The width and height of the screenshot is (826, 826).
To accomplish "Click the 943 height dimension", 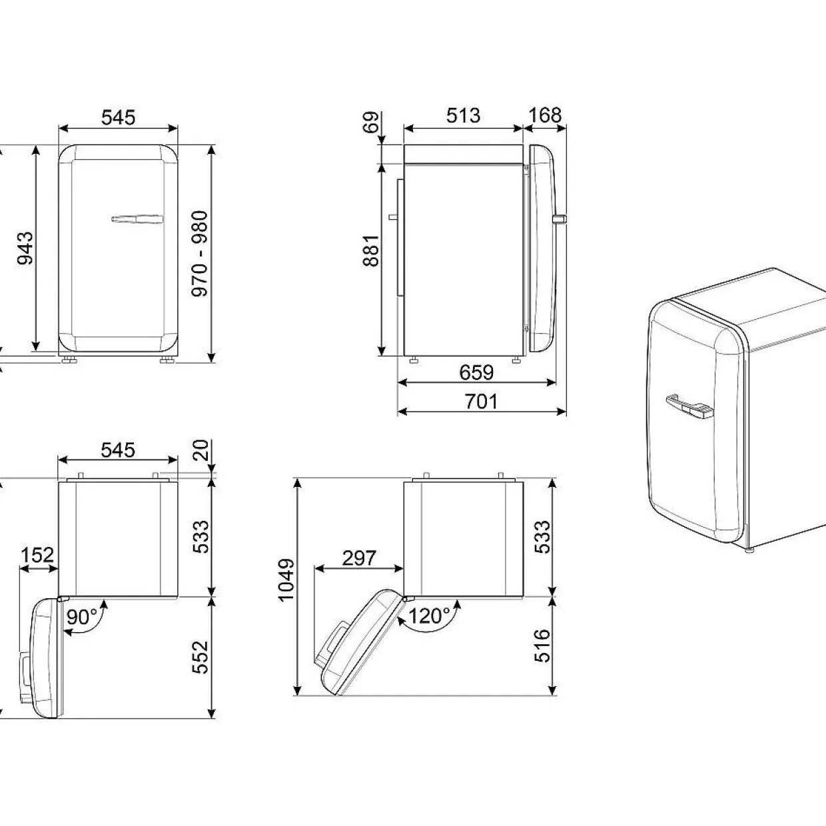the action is [x=25, y=248].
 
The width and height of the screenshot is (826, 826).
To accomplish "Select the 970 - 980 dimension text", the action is [x=200, y=253].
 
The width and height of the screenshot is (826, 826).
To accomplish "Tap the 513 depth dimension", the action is [x=463, y=115].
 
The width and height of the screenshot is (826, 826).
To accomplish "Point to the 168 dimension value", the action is [x=544, y=115].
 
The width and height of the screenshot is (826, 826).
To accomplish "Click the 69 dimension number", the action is [x=372, y=122].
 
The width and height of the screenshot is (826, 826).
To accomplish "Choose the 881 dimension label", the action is [x=371, y=250].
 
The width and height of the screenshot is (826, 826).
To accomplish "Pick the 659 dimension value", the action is [x=476, y=372].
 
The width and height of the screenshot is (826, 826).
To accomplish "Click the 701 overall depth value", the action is [x=482, y=402].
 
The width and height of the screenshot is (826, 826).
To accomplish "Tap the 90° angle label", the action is [x=82, y=618].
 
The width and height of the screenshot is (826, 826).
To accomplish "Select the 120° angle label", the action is [x=429, y=616].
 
